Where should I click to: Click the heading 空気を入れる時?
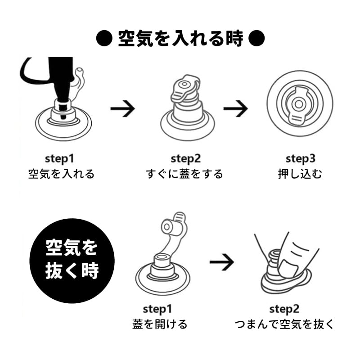(180, 39)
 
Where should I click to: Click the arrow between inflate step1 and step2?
(123, 108)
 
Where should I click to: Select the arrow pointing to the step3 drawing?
(235, 108)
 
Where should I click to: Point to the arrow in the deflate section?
(222, 262)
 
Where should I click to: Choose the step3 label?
(300, 159)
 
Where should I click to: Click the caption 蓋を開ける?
(160, 324)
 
